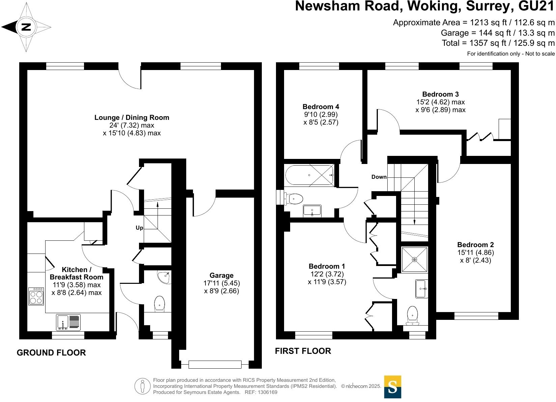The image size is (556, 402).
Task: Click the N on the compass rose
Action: point(26,27)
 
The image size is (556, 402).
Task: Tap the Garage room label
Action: point(221,275)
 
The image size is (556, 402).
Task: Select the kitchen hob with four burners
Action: point(36,296)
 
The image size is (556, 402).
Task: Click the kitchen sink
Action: point(68,322)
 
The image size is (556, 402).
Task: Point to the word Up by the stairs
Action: point(139,228)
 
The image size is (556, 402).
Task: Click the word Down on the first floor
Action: point(379,177)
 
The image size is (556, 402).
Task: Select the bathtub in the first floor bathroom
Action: point(309,175)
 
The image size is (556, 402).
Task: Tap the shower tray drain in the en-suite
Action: point(414,260)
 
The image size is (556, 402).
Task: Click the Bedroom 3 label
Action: point(440,94)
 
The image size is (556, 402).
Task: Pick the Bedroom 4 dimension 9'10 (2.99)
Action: point(321,114)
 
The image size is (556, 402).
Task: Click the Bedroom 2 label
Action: point(475,245)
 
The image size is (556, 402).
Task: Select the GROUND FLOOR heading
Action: point(51,353)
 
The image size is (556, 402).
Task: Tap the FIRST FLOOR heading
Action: point(303,351)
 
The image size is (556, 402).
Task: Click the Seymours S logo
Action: point(393,387)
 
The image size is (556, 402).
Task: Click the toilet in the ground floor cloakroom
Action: point(159,303)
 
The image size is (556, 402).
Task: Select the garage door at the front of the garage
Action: point(215,365)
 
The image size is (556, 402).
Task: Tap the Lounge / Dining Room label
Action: point(132,118)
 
